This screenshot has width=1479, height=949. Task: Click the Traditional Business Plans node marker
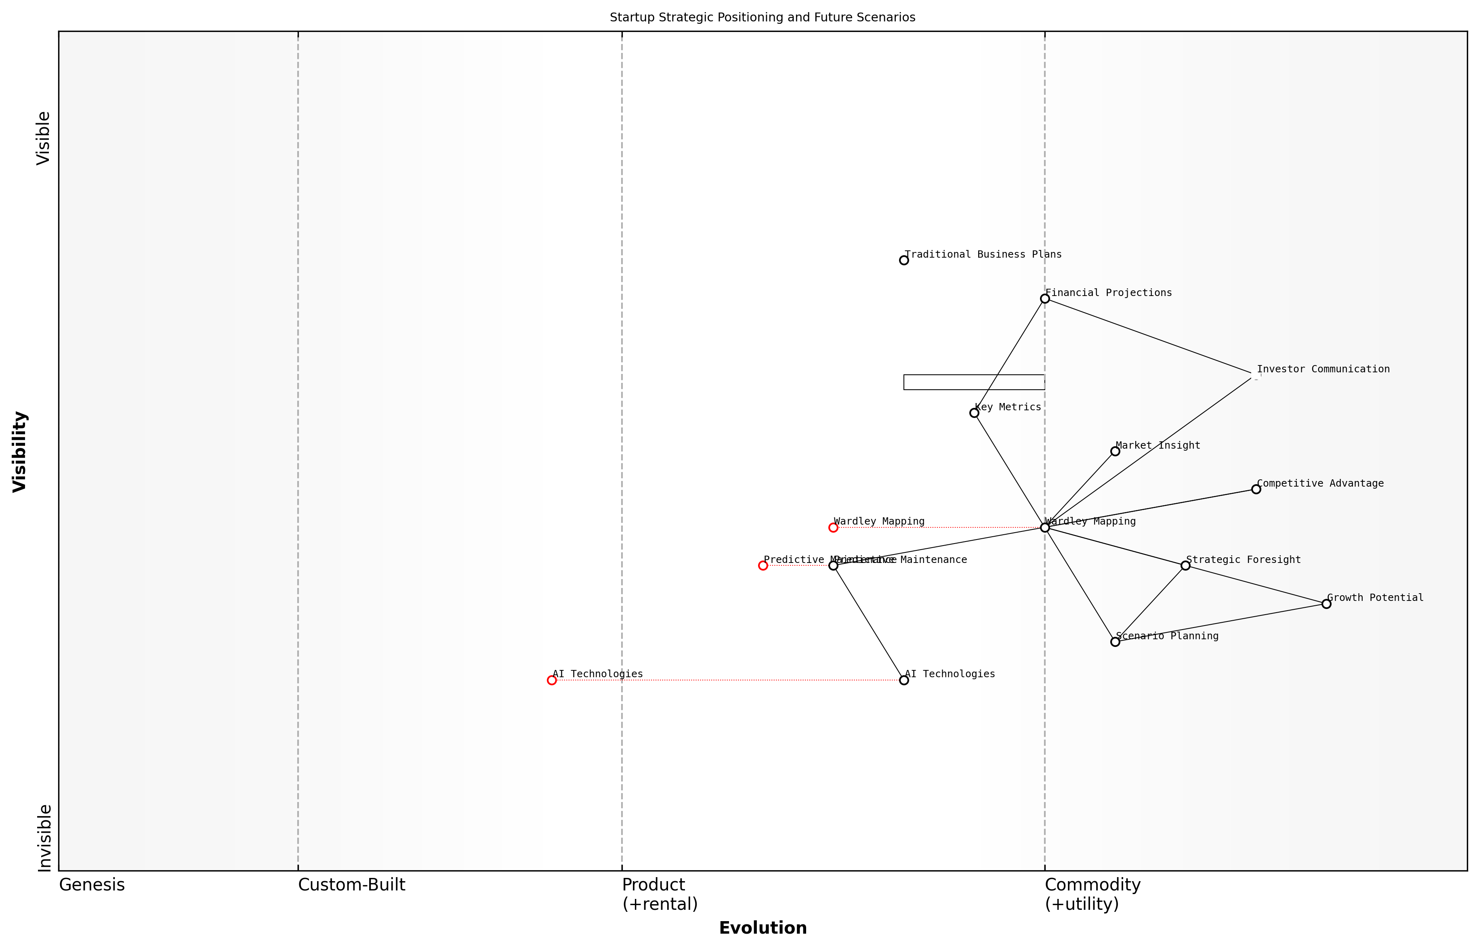pos(903,260)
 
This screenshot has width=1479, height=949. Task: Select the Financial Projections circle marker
pos(1044,299)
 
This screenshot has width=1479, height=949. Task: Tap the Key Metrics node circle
pos(974,413)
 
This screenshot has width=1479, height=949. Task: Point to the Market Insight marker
pos(1115,451)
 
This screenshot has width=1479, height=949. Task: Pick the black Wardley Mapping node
pos(1044,527)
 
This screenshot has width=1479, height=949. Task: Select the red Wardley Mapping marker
pos(833,527)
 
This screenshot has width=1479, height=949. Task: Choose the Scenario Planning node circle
pos(1115,642)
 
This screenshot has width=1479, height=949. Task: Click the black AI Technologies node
pos(903,680)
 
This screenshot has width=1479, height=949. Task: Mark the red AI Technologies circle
pos(552,680)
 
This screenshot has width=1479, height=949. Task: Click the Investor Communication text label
pos(1323,369)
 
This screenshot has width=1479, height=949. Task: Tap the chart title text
pos(762,17)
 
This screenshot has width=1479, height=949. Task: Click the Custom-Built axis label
pos(351,885)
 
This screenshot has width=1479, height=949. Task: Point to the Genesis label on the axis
pos(92,885)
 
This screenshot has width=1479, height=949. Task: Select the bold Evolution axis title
pos(762,928)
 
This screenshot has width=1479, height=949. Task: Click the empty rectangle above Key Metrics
pos(974,382)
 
